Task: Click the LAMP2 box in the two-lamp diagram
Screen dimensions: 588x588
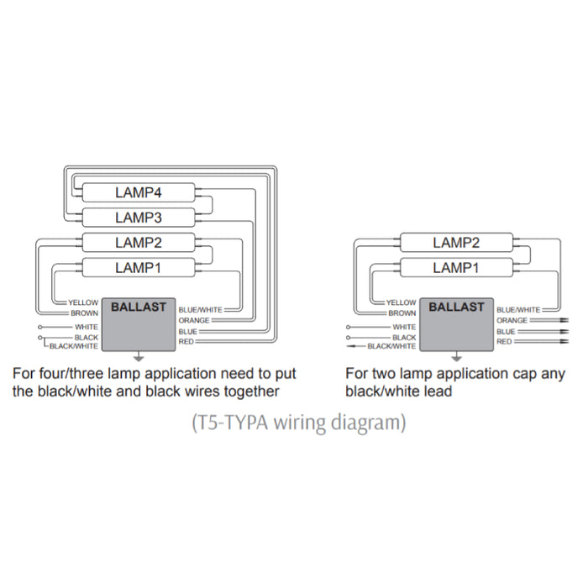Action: click(x=456, y=243)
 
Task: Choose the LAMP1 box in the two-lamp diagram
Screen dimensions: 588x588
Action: click(x=456, y=268)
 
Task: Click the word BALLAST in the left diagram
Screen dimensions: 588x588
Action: click(x=139, y=307)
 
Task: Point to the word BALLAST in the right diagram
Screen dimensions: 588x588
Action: click(x=456, y=307)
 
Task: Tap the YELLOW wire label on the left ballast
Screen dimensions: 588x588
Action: click(x=84, y=302)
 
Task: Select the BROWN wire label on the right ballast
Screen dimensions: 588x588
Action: click(x=402, y=313)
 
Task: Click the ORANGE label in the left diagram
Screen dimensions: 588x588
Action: click(x=193, y=320)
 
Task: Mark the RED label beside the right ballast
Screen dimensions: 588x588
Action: click(x=504, y=342)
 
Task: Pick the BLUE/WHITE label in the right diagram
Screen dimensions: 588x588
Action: click(x=518, y=310)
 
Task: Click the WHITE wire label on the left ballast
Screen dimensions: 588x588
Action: click(x=87, y=326)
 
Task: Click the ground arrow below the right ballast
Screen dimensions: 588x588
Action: click(x=456, y=357)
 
